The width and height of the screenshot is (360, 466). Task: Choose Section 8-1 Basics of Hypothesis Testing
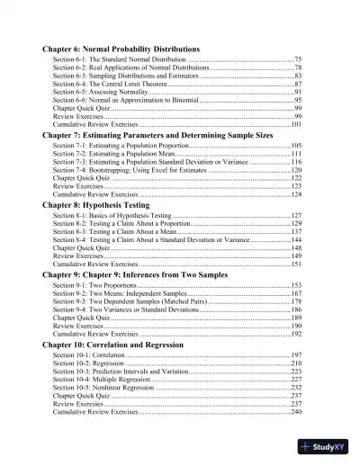[x=112, y=216]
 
